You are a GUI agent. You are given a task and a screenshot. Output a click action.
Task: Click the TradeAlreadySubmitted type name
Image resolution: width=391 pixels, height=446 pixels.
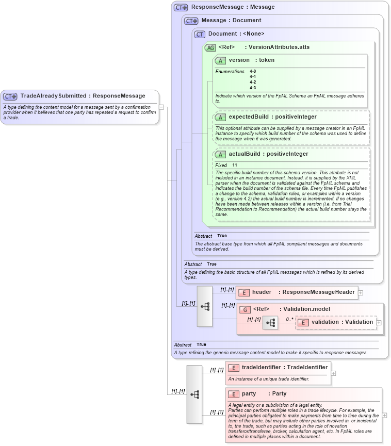(53, 96)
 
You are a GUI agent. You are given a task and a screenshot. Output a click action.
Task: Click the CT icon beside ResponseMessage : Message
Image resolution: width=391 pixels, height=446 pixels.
(181, 8)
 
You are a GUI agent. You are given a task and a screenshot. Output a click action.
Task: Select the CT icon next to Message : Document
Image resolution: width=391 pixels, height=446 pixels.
(191, 21)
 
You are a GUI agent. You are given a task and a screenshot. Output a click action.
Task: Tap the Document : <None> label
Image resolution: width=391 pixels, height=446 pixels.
(236, 34)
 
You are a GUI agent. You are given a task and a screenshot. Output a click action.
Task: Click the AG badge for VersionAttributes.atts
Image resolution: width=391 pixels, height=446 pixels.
(210, 48)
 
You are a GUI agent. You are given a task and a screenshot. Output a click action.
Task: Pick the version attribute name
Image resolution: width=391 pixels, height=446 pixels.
(239, 60)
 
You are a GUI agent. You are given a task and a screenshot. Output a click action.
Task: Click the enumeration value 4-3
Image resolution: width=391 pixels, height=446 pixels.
(253, 88)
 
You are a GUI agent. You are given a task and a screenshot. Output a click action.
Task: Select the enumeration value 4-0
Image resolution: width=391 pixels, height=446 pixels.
(253, 71)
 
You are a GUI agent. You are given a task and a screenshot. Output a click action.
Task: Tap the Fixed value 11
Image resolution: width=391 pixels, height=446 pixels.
(234, 166)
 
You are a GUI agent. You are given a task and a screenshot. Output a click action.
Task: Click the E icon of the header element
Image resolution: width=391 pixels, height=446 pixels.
(244, 292)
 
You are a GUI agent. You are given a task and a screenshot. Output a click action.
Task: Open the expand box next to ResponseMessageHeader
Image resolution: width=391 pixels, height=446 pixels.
(361, 292)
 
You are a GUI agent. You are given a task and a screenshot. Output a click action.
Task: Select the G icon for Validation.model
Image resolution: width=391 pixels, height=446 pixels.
(245, 309)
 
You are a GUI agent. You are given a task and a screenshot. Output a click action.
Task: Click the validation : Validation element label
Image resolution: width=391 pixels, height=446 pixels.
(342, 322)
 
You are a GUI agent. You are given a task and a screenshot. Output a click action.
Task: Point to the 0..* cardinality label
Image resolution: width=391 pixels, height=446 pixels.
(289, 319)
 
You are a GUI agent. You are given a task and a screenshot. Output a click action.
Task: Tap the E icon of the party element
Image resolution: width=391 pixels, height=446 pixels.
(234, 394)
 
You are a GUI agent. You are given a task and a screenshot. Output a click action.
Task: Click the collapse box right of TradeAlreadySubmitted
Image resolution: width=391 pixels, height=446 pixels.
(162, 107)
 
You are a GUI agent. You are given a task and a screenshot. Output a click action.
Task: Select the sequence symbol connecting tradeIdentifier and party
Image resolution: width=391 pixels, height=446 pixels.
(194, 394)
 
